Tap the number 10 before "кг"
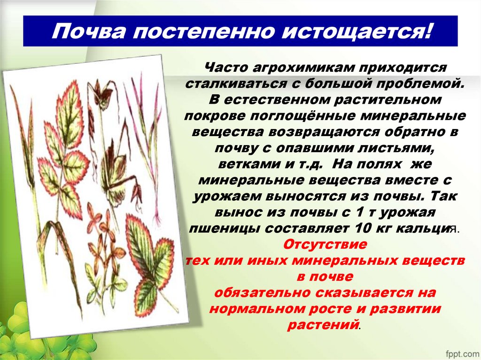(x=363, y=229)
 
